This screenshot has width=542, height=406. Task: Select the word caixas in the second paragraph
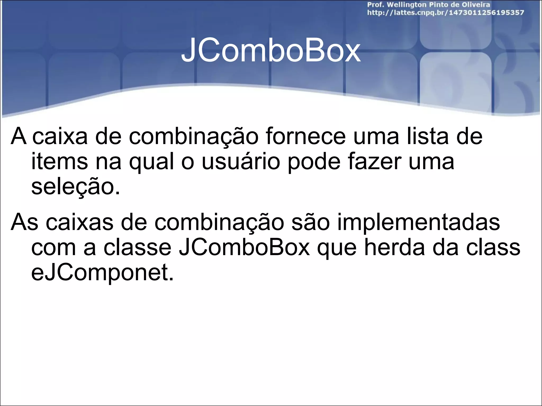[x=79, y=222]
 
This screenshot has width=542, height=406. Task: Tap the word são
[x=311, y=222]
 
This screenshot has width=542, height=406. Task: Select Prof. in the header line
[x=376, y=5]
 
